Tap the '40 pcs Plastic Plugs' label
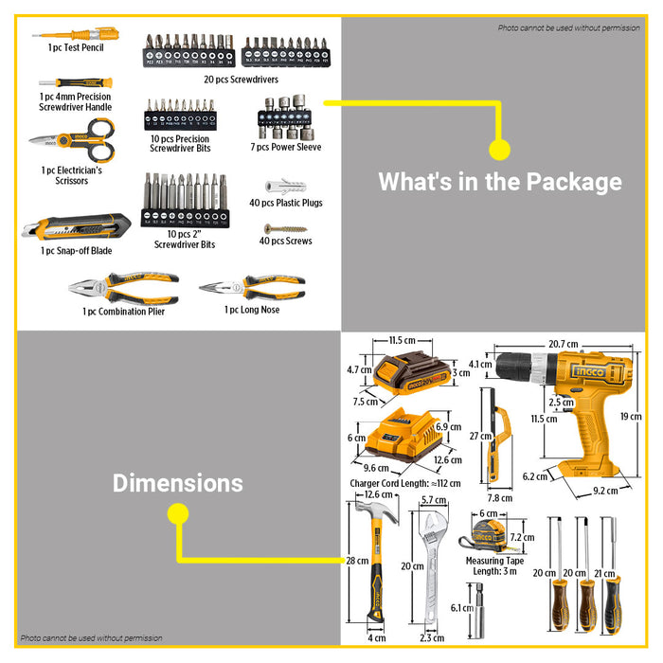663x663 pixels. tap(285, 203)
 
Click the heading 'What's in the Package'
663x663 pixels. tap(499, 181)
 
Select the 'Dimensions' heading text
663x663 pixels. tap(177, 483)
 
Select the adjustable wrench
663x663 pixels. tap(432, 567)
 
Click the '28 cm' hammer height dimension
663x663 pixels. tap(356, 562)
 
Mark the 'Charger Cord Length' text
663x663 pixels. tap(404, 483)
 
